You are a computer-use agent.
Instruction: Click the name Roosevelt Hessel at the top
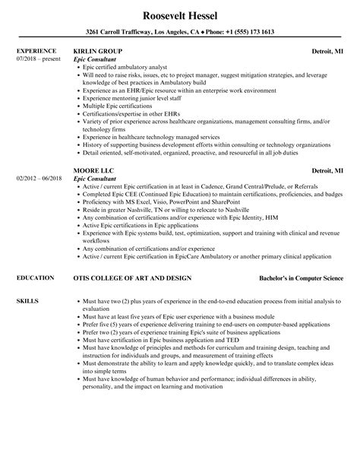[x=179, y=15]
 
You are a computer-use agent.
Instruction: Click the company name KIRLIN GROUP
[x=98, y=52]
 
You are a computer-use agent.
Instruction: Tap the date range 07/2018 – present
[x=37, y=59]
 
